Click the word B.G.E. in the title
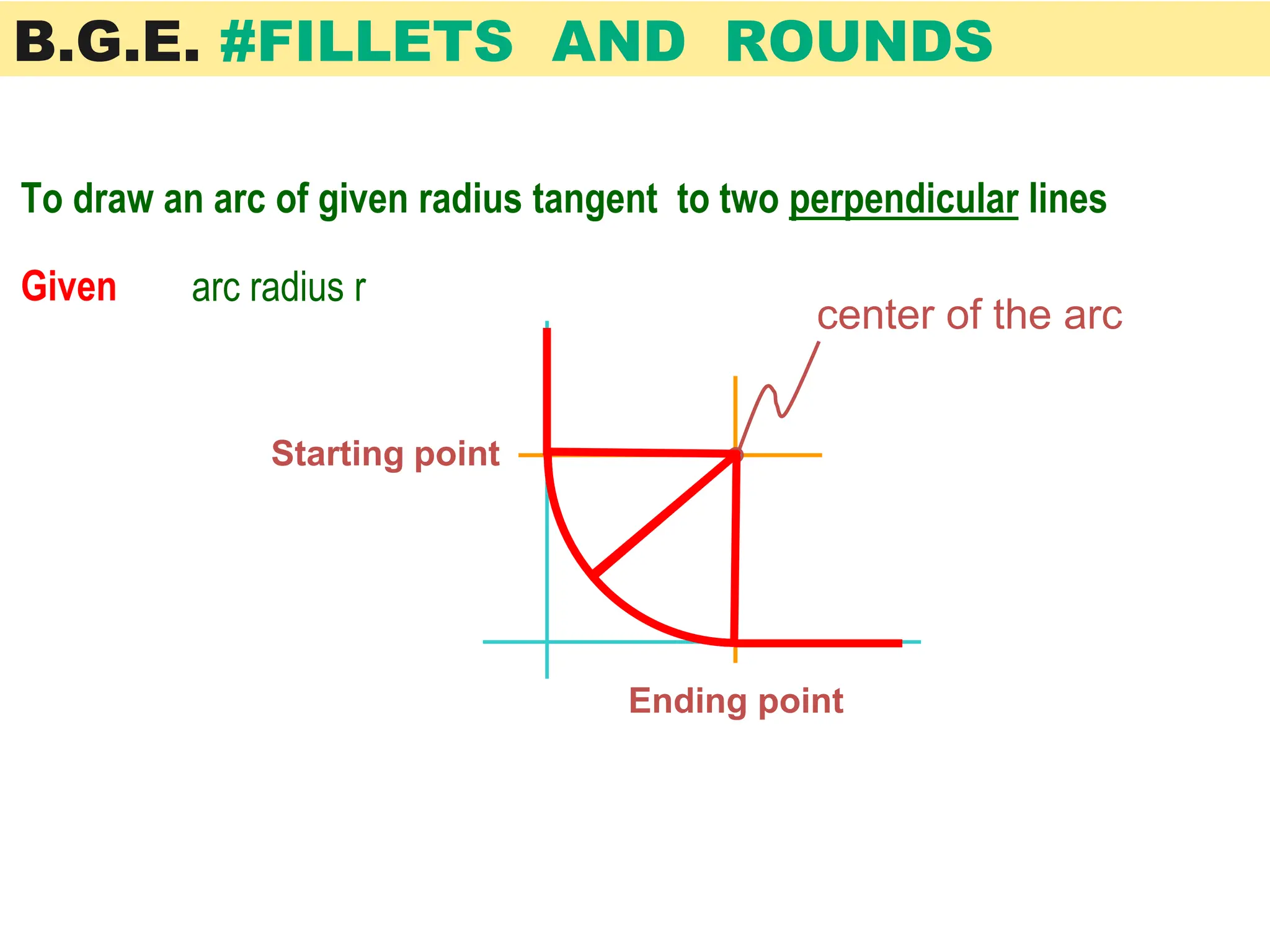[107, 42]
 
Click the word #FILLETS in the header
[366, 42]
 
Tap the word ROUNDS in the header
[859, 42]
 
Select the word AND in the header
[618, 42]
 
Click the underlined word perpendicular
[903, 200]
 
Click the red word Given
[69, 287]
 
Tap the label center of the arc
[969, 315]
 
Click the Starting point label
[385, 454]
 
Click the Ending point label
[735, 701]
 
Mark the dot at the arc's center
[736, 455]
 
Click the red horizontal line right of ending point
[819, 643]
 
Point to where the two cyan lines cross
[547, 642]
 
